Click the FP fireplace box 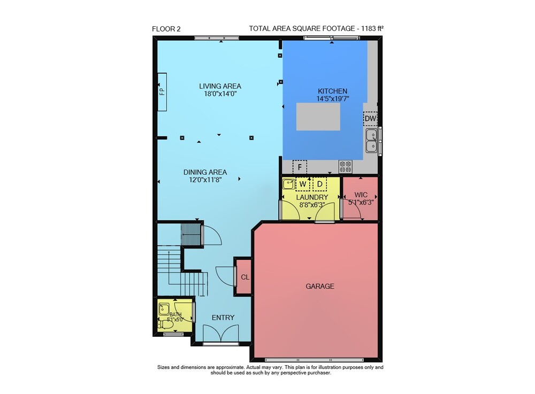[162, 91]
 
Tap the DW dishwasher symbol [370, 119]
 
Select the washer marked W [303, 184]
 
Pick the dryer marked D [320, 184]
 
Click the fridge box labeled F [300, 167]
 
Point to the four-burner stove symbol [346, 167]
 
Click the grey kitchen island [318, 117]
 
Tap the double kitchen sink [372, 141]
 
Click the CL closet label [245, 277]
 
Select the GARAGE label [320, 287]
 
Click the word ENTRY [223, 318]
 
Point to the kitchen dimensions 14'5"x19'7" [333, 99]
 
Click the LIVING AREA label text [220, 86]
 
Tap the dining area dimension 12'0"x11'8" [205, 180]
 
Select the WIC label [361, 195]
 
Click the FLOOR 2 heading [166, 29]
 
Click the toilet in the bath [166, 324]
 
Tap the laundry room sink [289, 184]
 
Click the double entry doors [221, 333]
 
